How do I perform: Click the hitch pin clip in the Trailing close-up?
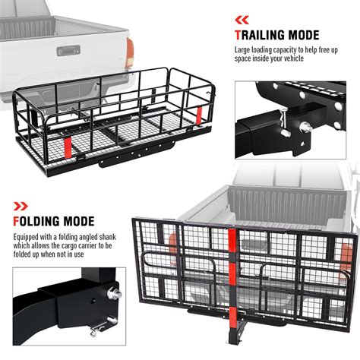[284, 113]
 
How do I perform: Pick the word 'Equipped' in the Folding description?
[28, 237]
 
